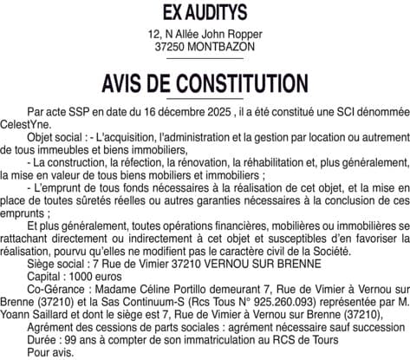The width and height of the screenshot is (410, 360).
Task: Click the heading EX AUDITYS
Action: tap(205, 12)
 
